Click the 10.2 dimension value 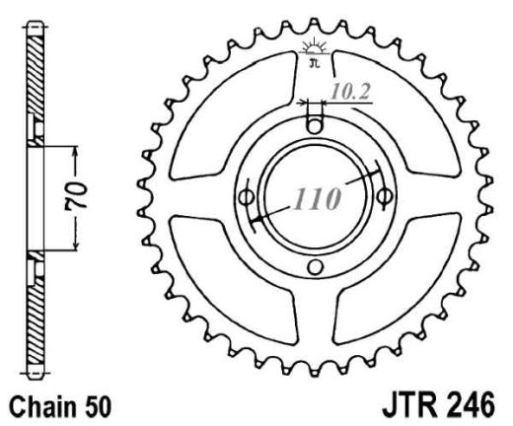coord(350,92)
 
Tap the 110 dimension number coord(317,199)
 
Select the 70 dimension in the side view coord(77,195)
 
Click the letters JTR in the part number coord(407,405)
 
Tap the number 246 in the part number coord(467,405)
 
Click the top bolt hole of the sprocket coord(315,126)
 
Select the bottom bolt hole coord(315,267)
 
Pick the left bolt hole coord(246,198)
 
